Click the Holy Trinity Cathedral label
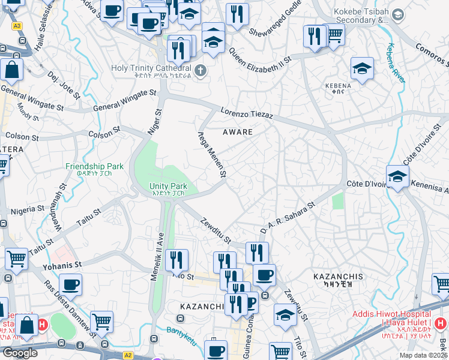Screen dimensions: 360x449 click(151, 71)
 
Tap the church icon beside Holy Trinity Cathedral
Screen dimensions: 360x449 click(200, 70)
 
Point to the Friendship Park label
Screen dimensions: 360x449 click(94, 170)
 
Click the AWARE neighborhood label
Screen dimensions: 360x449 click(237, 131)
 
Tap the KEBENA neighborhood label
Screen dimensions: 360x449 click(337, 89)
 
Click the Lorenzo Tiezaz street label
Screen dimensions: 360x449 click(247, 113)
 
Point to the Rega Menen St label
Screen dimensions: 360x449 click(212, 155)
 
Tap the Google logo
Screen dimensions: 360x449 click(20, 353)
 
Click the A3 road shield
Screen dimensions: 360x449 click(17, 26)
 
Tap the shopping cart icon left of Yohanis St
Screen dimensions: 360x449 click(16, 259)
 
